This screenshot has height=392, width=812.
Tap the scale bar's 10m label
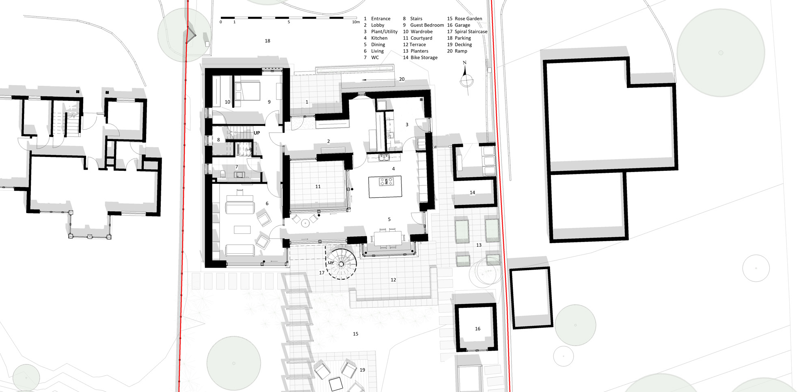coord(356,22)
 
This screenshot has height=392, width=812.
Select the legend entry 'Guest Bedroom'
coord(427,25)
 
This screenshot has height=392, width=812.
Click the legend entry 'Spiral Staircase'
coord(471,32)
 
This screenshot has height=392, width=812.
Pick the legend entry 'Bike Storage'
coord(424,58)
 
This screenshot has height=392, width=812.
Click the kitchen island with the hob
coord(385,187)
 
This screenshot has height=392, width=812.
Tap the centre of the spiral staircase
coord(341,264)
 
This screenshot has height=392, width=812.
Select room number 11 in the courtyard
coord(318,187)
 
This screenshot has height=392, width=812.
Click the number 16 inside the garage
coord(477,329)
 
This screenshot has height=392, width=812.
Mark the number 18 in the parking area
coord(268,41)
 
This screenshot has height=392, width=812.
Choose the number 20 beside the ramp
coord(402,79)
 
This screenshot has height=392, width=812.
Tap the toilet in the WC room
coord(222,174)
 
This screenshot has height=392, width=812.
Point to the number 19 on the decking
coord(362,370)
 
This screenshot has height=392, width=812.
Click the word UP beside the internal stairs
coord(257,133)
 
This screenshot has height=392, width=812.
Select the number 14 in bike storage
coord(472,193)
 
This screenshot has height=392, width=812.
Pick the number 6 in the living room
coord(267,204)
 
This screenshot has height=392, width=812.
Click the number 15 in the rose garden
coord(356,334)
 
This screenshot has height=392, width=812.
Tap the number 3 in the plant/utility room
coord(407,125)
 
